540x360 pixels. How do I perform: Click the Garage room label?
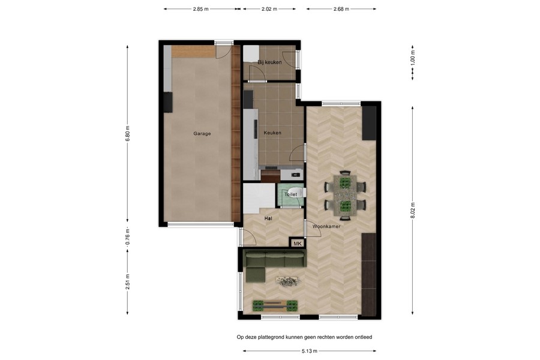coord(202,134)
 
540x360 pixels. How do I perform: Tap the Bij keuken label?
coord(269,62)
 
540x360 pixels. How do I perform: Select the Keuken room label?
coord(272,133)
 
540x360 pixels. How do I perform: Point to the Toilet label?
coord(290,194)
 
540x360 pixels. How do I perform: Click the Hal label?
coord(268,218)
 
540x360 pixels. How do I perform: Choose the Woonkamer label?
coord(326,226)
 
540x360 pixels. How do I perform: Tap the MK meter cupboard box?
coord(298,243)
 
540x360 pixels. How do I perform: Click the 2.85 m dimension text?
coord(201,9)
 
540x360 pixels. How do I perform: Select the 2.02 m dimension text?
coord(269,9)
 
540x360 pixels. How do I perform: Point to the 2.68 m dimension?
coord(341,9)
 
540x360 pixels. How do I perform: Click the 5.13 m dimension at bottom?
coord(309,351)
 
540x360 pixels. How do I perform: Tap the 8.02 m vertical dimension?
coord(413,211)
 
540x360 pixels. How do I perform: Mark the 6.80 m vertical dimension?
coord(127,134)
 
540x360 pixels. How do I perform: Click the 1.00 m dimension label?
coord(413,58)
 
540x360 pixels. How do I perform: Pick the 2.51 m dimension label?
coord(127,282)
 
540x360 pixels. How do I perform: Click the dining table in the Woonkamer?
coord(345,196)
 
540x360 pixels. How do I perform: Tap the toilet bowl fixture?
coord(295,192)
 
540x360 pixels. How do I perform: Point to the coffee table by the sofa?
coord(287,281)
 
